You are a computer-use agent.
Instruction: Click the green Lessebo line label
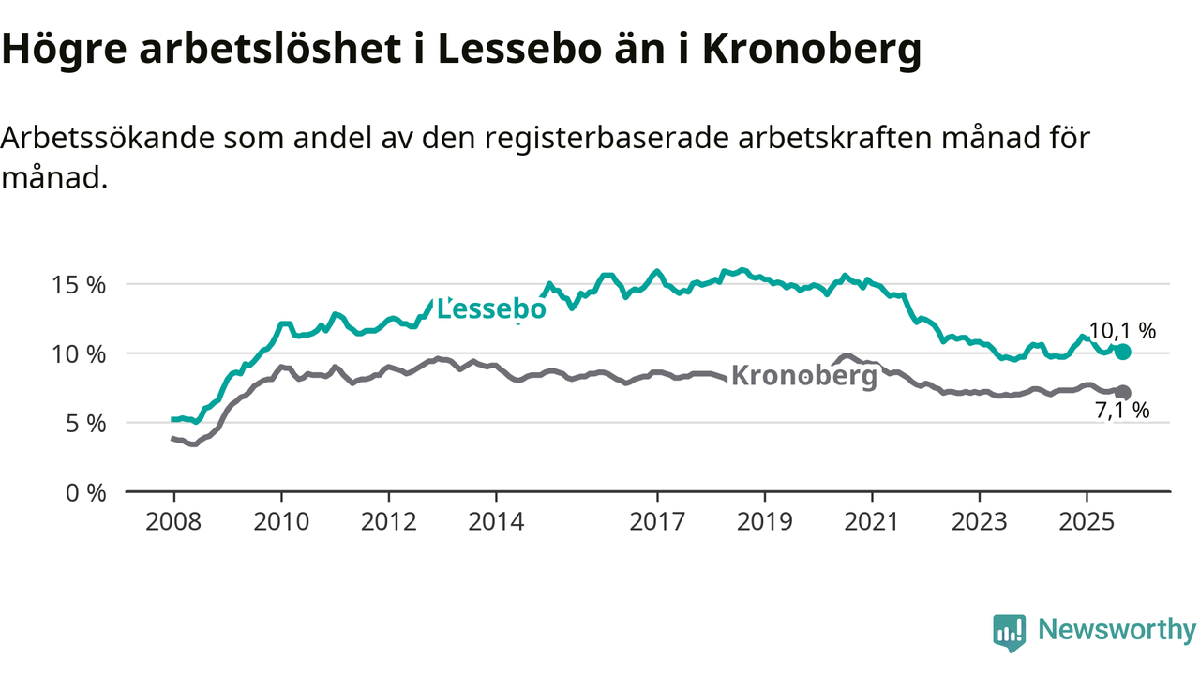(491, 308)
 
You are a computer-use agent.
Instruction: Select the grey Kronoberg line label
(803, 376)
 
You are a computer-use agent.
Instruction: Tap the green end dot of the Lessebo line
(1123, 352)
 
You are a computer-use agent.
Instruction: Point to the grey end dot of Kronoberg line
(1123, 393)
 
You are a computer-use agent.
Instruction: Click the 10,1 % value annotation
(1122, 330)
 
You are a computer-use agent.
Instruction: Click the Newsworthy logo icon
(1009, 633)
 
